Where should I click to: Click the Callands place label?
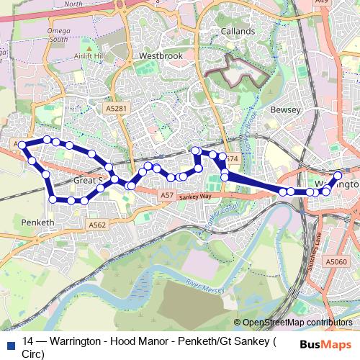[x=238, y=32]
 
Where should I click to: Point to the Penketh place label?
[x=36, y=222]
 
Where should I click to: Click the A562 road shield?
[x=97, y=225]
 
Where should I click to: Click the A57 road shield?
[x=166, y=195]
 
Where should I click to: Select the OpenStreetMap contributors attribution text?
[x=297, y=323]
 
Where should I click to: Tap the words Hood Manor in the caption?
[x=129, y=341]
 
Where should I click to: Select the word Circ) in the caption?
[x=33, y=353]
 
